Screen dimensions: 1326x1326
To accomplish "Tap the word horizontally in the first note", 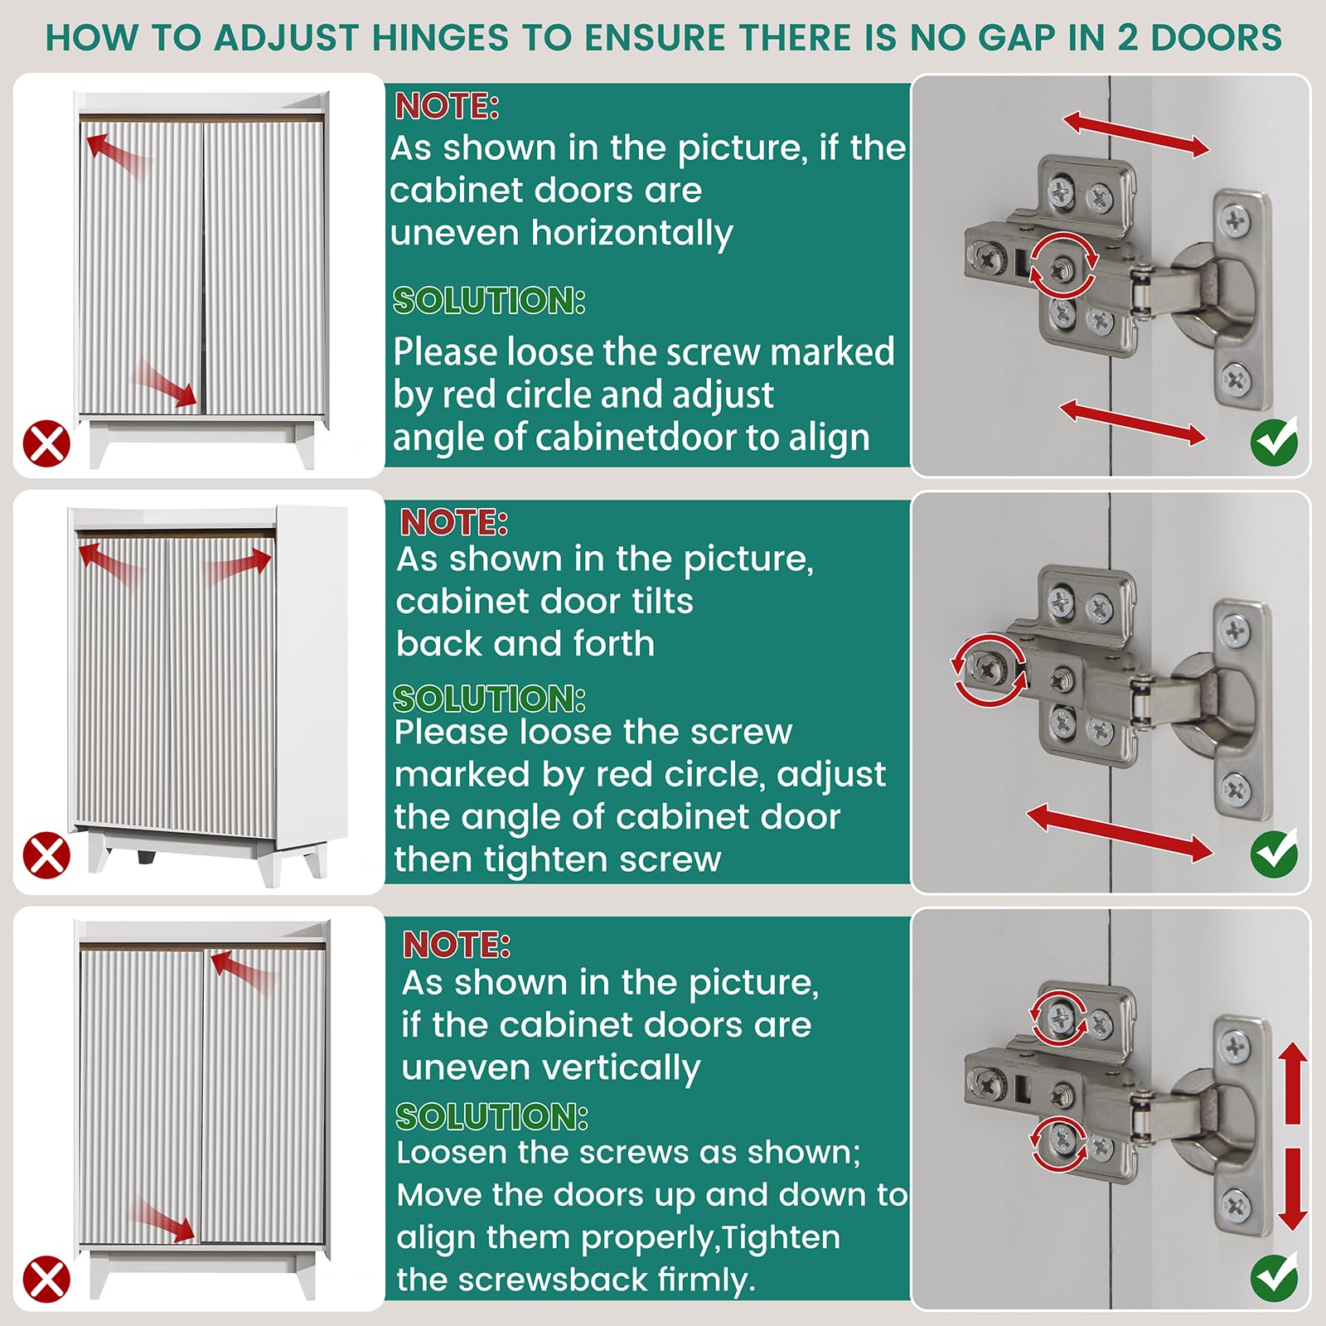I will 632,233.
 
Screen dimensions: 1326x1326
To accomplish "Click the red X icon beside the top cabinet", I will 46,443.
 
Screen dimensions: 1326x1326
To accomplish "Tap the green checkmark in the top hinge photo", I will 1274,442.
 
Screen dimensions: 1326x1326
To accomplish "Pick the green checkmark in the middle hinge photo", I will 1274,854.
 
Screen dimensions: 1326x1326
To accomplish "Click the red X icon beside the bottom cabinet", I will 46,1279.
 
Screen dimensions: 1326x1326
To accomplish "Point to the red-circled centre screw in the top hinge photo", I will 1062,266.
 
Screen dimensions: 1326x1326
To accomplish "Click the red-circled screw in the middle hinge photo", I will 989,669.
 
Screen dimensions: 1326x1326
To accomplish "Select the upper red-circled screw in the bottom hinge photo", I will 1060,1017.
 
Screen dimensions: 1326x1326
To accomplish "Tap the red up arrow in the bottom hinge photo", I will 1292,1082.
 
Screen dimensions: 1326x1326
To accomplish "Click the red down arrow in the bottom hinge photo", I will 1292,1189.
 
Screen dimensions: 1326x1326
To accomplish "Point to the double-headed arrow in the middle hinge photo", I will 1120,832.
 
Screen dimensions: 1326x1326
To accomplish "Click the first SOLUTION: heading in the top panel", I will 489,301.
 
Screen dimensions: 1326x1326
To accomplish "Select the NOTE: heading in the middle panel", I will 453,523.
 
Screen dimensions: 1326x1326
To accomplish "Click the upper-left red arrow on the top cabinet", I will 116,154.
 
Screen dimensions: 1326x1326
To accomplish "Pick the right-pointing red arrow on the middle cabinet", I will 238,568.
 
